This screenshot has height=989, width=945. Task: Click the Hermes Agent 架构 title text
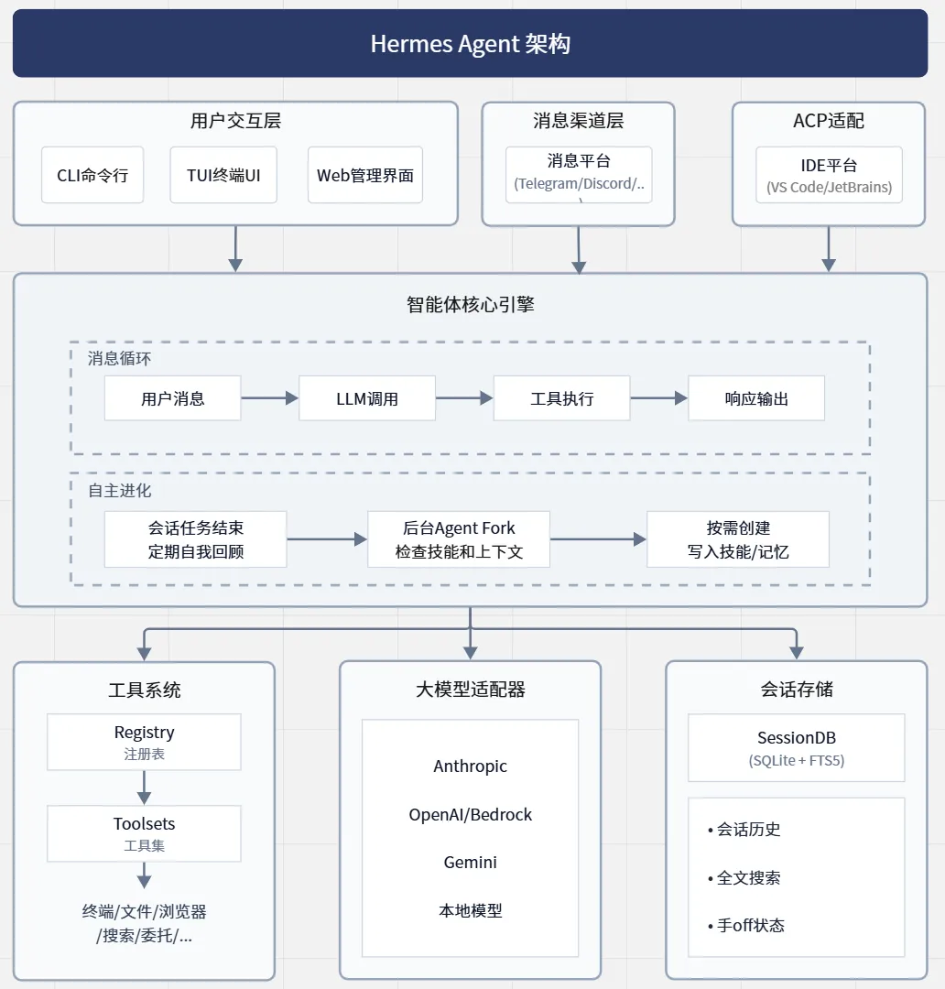click(470, 44)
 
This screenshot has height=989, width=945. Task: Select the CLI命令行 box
click(92, 175)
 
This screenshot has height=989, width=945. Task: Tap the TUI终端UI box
click(223, 175)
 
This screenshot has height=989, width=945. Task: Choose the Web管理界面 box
click(365, 175)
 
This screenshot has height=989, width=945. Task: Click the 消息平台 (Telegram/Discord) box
click(579, 175)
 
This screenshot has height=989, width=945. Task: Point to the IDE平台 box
click(829, 175)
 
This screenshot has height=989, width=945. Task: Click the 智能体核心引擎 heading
click(470, 305)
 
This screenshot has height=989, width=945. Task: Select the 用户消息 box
click(173, 398)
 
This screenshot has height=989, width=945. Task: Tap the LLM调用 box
click(367, 398)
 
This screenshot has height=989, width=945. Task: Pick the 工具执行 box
click(562, 398)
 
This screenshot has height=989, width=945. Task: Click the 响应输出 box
click(756, 398)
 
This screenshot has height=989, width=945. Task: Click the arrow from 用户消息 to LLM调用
click(270, 398)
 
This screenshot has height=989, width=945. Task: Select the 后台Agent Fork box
click(459, 539)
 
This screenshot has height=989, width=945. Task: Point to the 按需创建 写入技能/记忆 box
click(738, 539)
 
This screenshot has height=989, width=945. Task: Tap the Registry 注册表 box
click(144, 742)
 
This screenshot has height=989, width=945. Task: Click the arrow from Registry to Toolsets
click(144, 788)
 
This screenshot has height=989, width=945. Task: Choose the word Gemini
click(470, 863)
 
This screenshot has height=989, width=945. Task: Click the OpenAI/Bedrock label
click(470, 814)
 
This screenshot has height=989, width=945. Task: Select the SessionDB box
click(796, 748)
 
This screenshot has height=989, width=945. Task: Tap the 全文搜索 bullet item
click(744, 877)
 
